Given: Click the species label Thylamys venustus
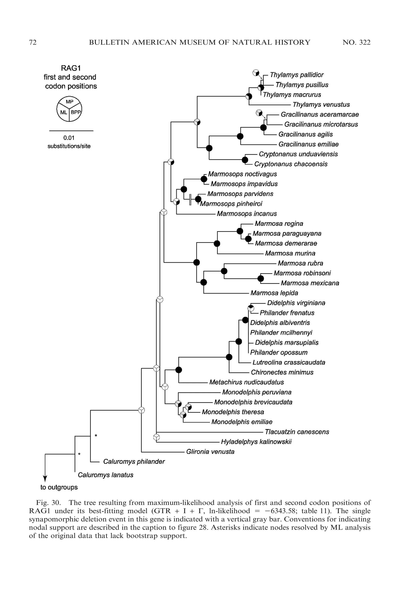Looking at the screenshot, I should [321, 105].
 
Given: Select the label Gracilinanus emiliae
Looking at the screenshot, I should [308, 144].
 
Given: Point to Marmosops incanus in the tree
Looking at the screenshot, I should [247, 214].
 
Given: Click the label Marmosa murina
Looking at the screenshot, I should [290, 254].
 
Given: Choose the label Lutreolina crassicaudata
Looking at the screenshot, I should [289, 363].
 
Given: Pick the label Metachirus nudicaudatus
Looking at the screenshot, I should [246, 382].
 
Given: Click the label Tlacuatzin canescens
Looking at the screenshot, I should [297, 432].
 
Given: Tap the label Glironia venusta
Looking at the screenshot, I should [210, 452].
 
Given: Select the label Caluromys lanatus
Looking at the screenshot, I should [105, 475].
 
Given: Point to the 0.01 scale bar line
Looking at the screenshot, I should [71, 131].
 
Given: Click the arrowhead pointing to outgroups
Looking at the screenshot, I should [45, 479].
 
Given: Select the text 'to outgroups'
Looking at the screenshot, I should [59, 487].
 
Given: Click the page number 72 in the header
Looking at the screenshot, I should [33, 42].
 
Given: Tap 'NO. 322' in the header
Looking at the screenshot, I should [356, 42].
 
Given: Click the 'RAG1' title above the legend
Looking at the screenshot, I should [71, 68].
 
